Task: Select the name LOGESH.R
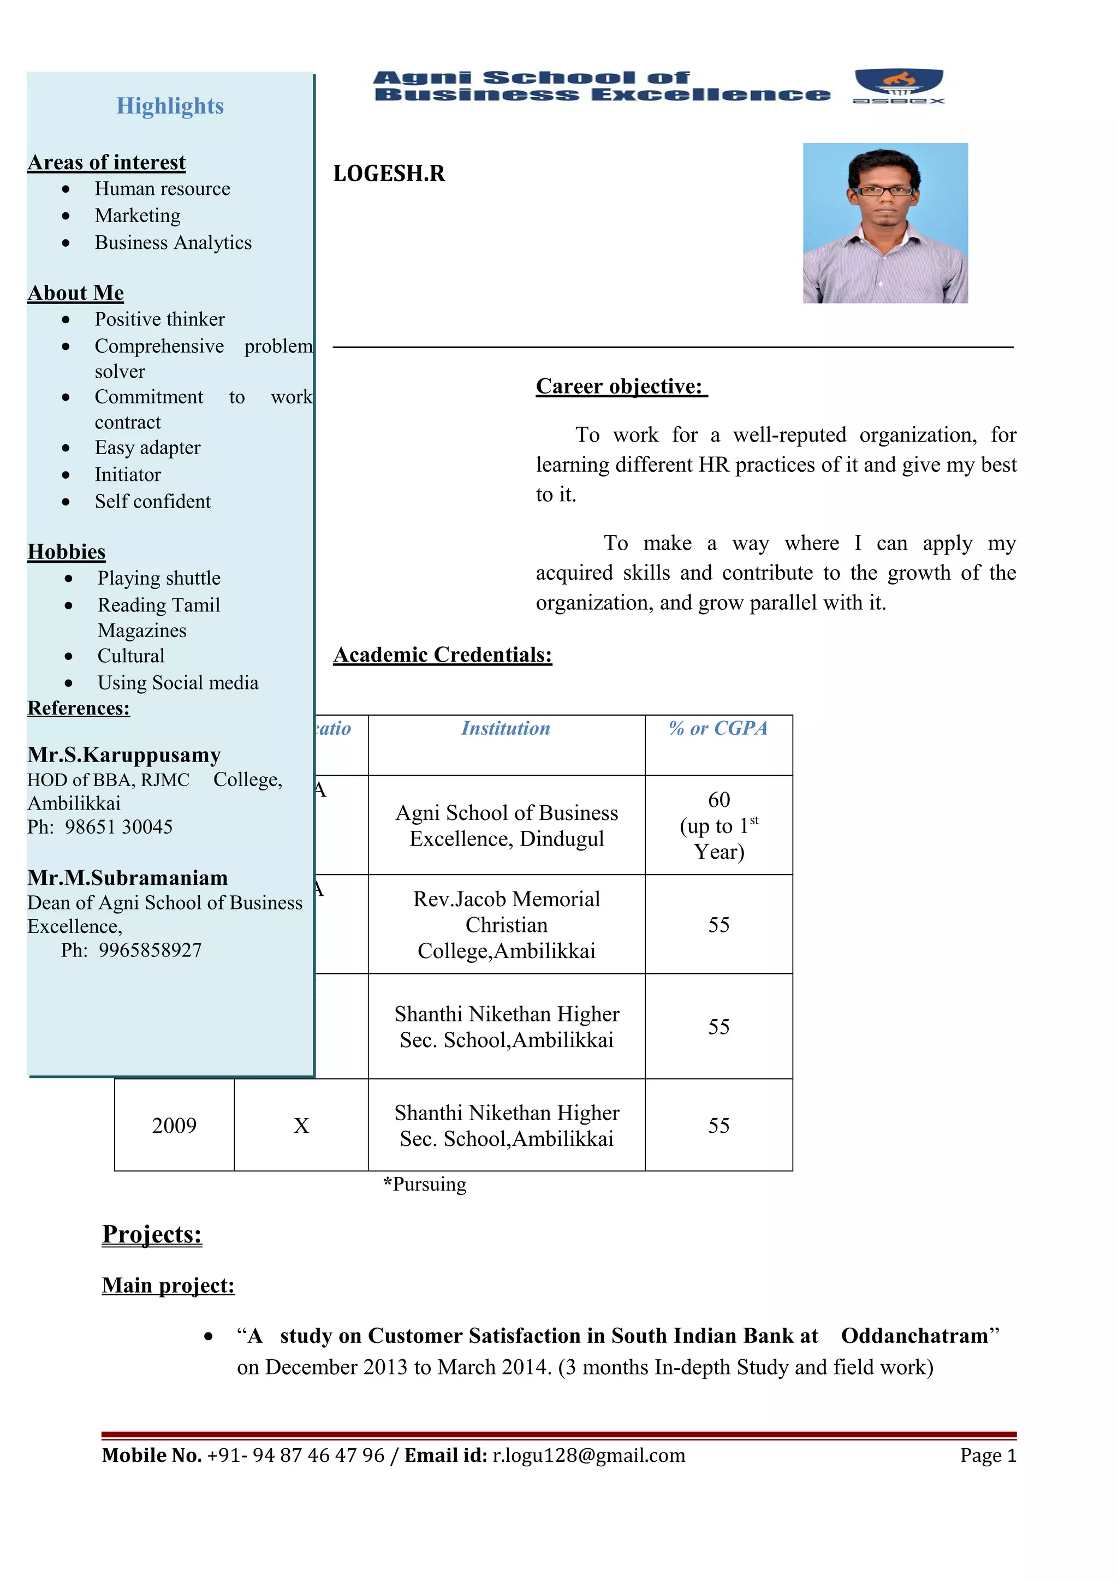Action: (389, 174)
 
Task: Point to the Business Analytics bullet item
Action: (173, 242)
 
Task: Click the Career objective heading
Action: (621, 386)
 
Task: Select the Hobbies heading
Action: (66, 552)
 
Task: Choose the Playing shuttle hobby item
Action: (158, 578)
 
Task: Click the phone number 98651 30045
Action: (118, 827)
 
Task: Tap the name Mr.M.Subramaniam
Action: (127, 878)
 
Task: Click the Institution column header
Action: (506, 728)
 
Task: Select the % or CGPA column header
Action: (718, 728)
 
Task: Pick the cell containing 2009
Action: (174, 1125)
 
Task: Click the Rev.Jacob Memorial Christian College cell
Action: (506, 925)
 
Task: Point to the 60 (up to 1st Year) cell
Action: (718, 825)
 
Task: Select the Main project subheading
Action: (168, 1285)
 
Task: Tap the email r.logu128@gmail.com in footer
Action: (588, 1455)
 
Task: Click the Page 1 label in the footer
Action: (988, 1455)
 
